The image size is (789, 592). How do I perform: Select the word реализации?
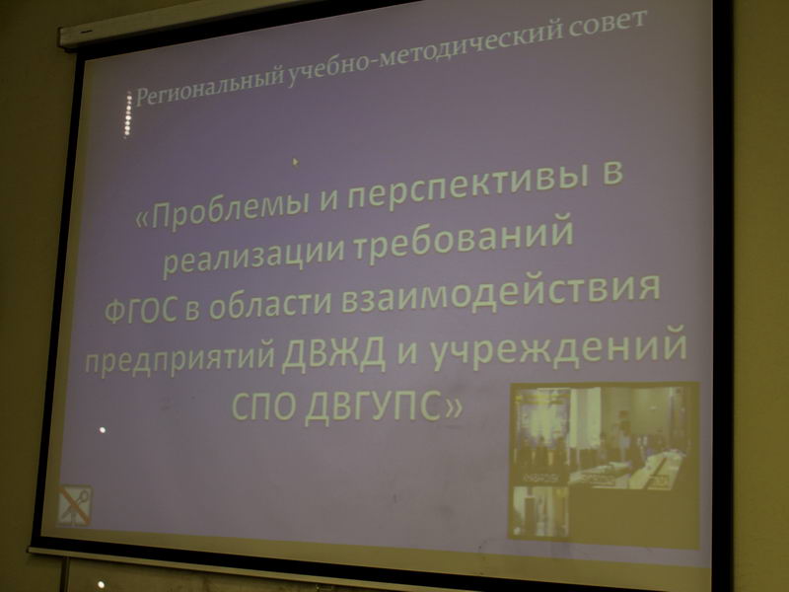tap(254, 257)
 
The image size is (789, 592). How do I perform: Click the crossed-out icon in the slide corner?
tap(74, 506)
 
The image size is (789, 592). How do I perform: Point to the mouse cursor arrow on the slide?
tap(295, 162)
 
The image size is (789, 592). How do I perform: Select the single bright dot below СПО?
tap(103, 430)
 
